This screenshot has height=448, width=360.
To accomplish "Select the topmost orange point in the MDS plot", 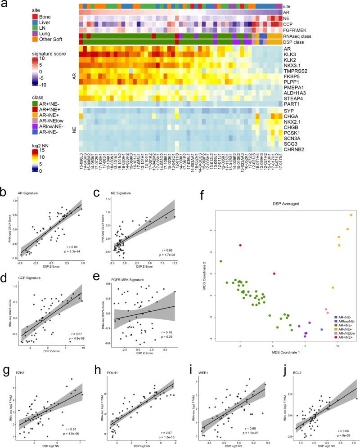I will [351, 215].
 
